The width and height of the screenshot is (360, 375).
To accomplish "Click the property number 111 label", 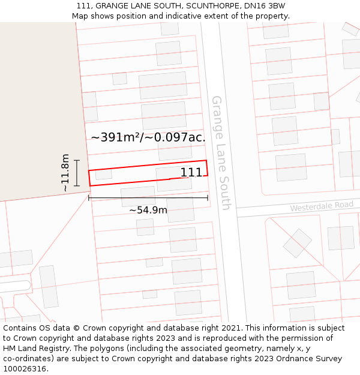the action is point(191,172).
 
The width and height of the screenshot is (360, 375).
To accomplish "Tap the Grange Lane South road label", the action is point(220,152).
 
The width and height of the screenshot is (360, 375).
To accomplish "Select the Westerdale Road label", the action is point(322,206).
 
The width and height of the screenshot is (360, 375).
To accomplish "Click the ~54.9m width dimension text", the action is point(148,210).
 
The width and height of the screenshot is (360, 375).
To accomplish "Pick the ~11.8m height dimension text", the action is point(65,173).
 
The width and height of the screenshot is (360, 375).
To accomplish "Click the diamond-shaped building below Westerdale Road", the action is point(298,243).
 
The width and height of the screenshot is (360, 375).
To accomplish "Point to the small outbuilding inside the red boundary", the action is point(104,175).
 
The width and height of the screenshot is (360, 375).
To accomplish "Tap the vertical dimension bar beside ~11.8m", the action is point(77,173).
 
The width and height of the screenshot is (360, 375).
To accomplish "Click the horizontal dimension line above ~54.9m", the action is point(148,197).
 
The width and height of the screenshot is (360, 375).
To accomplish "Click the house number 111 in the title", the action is point(84,5).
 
